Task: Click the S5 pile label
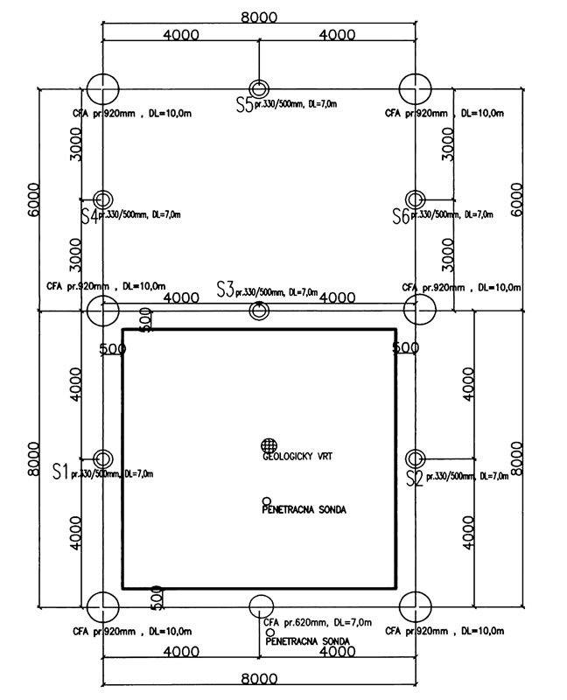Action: pos(243,105)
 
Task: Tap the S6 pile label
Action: pos(401,215)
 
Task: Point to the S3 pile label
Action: pos(226,290)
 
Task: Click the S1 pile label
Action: pos(59,472)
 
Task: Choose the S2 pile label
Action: pos(415,477)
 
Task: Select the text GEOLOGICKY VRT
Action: pos(297,457)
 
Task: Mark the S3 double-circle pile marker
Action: pos(259,310)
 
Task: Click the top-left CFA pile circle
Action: pos(103,87)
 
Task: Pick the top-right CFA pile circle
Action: pos(415,87)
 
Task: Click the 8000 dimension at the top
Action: pos(258,17)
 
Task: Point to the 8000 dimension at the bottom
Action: pos(258,679)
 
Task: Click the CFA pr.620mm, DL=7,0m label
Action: pos(318,622)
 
